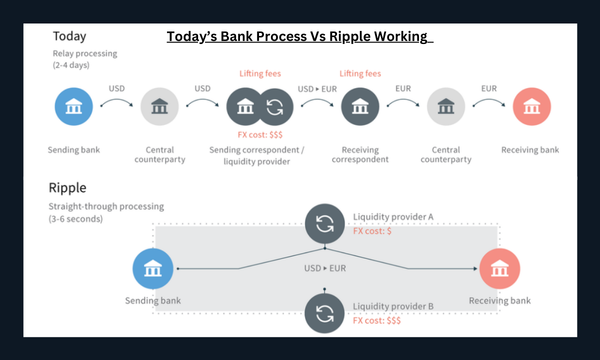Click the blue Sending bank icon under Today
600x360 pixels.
[x=74, y=107]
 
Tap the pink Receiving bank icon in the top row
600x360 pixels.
[x=531, y=107]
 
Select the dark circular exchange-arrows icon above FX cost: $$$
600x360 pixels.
[x=274, y=107]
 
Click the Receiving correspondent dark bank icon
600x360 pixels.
[x=360, y=107]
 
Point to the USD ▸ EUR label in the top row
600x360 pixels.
[x=317, y=89]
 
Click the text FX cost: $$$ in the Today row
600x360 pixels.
[x=260, y=134]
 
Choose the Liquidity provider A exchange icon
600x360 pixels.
[x=325, y=223]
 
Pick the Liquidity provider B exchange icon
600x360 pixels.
[x=325, y=312]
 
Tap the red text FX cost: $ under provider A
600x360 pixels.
[x=372, y=231]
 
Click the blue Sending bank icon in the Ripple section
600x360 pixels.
[x=152, y=268]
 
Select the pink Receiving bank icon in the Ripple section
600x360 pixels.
[x=499, y=268]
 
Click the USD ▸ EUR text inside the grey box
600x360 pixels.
[x=325, y=268]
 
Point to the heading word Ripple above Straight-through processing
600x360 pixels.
[x=67, y=188]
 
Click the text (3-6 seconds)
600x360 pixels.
[x=75, y=219]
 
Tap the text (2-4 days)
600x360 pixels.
[x=71, y=65]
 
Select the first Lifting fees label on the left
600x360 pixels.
[x=260, y=74]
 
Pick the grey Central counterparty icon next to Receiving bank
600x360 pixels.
[x=445, y=107]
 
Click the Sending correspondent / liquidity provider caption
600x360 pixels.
[x=256, y=155]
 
